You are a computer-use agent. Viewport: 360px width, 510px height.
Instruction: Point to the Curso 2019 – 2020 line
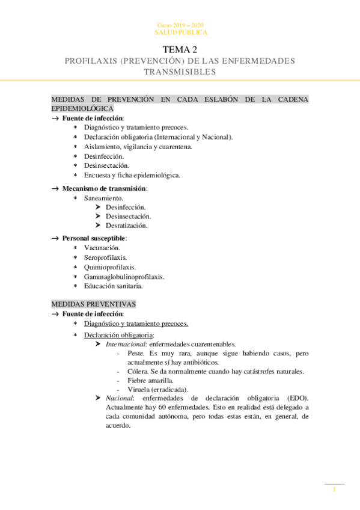[x=180, y=25]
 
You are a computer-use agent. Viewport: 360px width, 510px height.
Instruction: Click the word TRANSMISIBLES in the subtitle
[x=180, y=72]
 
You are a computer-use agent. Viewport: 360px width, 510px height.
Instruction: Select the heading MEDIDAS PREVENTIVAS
[x=93, y=304]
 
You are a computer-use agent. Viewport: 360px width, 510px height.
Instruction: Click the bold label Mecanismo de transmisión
[x=104, y=188]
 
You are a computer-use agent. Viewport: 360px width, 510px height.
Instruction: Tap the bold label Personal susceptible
[x=94, y=238]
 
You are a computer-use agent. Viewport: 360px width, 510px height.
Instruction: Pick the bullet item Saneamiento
[x=104, y=198]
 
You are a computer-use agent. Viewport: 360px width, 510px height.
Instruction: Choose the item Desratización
[x=126, y=226]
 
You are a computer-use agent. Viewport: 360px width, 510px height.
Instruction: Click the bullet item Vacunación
[x=102, y=248]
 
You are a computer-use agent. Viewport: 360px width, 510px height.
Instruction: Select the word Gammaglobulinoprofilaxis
[x=124, y=277]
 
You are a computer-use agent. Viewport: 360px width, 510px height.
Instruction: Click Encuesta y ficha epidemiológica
[x=132, y=176]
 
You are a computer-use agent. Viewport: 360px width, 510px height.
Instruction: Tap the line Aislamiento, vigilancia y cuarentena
[x=138, y=147]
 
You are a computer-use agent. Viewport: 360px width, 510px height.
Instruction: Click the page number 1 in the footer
[x=334, y=490]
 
